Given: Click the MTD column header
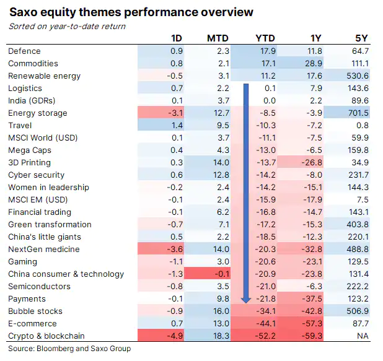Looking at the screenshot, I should pos(218,39).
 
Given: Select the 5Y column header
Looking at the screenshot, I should pos(360,39).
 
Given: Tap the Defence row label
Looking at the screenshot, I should pos(24,51).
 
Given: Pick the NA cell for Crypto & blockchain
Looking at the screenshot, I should pos(363,336).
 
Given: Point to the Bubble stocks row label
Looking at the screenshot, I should pos(35,311).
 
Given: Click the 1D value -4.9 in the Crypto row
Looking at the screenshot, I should pos(175,336).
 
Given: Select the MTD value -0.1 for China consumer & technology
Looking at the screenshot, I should pos(222,274).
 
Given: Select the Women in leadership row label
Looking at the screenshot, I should pos(48,188).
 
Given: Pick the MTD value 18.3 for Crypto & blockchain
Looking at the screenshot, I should pos(221,336).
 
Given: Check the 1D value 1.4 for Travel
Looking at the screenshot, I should pos(177,126).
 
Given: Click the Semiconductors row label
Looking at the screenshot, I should pos(38,287).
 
